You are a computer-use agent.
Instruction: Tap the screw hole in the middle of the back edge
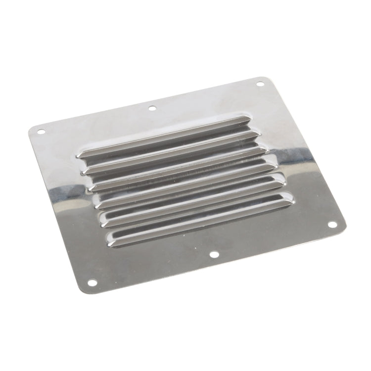point(152,107)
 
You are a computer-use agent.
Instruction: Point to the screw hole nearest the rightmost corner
point(332,225)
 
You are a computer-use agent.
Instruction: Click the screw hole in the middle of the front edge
point(214,255)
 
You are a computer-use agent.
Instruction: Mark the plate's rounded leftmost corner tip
point(29,130)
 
